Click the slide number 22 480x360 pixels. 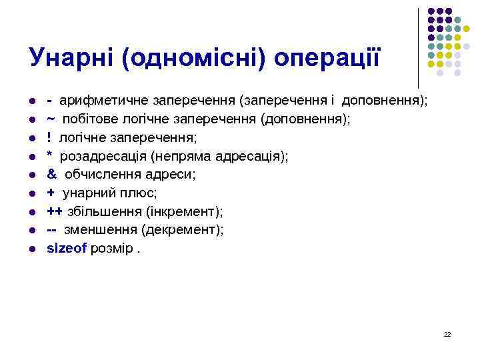[x=447, y=333]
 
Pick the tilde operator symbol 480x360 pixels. [x=51, y=119]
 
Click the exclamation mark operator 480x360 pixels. [x=49, y=137]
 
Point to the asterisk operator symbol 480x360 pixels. [x=50, y=155]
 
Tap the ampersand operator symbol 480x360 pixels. [x=51, y=174]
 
